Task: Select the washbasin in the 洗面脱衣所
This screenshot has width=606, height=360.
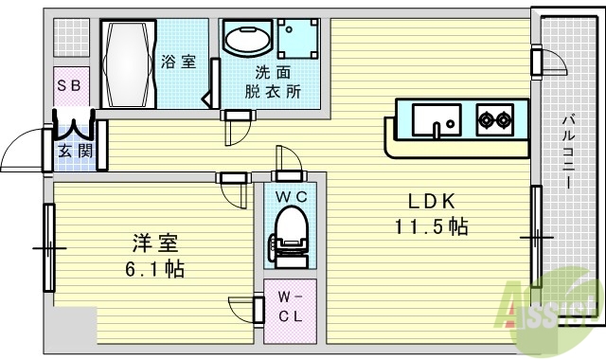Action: point(246,41)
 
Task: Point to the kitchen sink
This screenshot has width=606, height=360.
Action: point(437,120)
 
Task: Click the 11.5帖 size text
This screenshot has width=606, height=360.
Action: point(432,226)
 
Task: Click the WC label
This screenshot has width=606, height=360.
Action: point(289,196)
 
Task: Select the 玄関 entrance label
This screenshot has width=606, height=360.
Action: point(75,150)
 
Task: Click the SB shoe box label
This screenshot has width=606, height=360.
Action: point(72,85)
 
